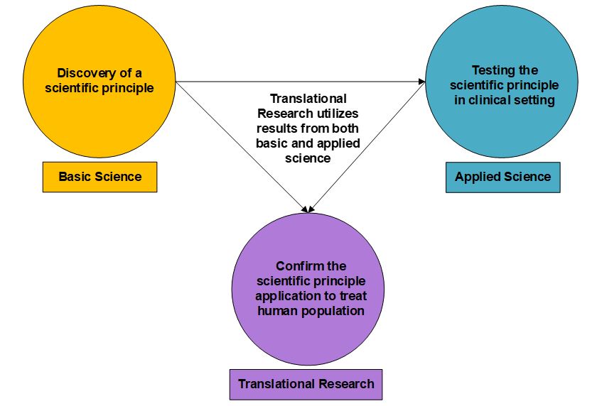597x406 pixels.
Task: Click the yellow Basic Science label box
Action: point(99,177)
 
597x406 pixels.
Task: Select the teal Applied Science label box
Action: point(502,177)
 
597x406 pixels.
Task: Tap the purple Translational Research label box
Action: point(306,384)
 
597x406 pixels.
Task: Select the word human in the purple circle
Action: point(275,310)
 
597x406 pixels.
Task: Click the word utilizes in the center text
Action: point(338,114)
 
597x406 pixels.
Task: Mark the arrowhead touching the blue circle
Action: point(421,82)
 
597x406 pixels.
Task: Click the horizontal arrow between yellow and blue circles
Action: point(298,82)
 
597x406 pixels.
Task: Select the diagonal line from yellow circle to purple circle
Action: point(242,147)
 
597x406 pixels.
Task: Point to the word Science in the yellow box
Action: point(120,177)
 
